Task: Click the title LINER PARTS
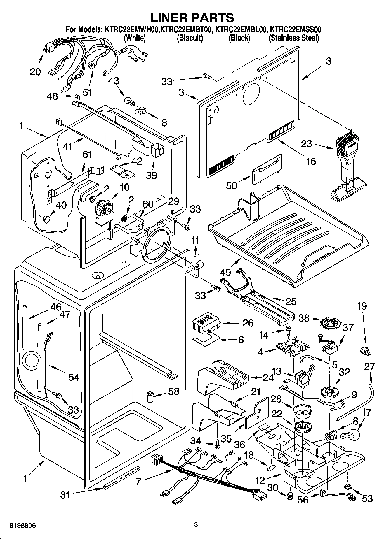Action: [192, 17]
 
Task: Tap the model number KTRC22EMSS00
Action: [296, 29]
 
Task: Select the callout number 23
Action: [306, 144]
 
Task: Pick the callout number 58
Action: [174, 391]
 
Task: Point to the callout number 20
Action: [35, 71]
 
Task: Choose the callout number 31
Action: [65, 495]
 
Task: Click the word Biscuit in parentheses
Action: [190, 38]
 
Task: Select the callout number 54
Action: [74, 377]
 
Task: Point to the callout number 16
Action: [312, 161]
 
